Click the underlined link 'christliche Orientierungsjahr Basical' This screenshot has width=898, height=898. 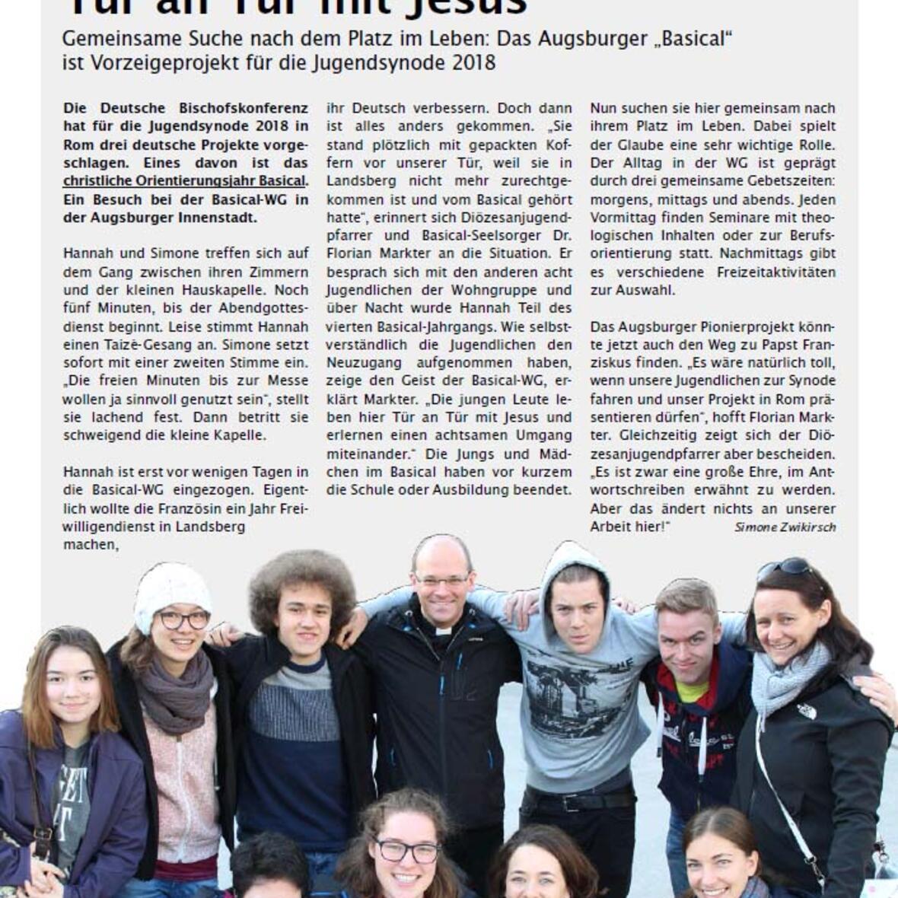[x=184, y=181]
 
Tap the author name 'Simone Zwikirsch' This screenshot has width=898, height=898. [x=785, y=527]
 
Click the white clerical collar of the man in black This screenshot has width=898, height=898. [x=443, y=630]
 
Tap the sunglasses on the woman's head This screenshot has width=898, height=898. [x=784, y=568]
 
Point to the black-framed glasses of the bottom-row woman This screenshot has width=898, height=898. [x=408, y=851]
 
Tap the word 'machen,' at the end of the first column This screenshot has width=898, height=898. [x=91, y=544]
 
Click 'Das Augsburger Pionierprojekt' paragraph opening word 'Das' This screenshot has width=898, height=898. [x=603, y=326]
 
